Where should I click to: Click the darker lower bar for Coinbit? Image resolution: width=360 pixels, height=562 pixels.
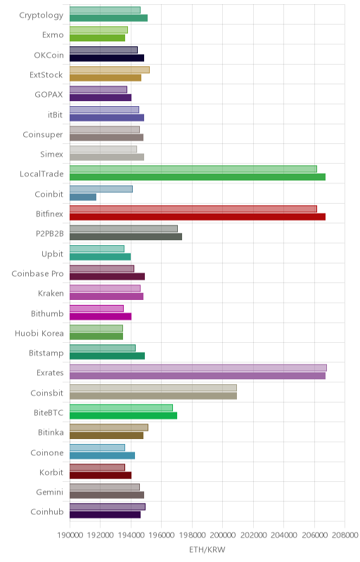pos(83,197)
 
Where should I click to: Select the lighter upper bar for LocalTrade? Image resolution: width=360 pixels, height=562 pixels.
pos(193,169)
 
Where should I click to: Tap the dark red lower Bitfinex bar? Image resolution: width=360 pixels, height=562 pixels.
pos(198,217)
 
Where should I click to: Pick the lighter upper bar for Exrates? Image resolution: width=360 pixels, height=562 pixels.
pos(198,367)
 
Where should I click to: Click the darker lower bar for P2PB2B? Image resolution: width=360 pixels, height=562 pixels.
pos(126,237)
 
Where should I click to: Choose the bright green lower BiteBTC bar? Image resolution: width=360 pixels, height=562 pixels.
pos(123,415)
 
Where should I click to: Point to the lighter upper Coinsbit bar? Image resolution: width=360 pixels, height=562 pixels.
pos(153,388)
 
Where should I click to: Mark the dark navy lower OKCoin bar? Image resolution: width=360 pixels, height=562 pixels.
pos(107,58)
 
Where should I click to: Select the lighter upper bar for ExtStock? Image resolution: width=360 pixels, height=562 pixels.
pos(110,70)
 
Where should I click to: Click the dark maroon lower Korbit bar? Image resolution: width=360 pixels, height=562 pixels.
pos(101,476)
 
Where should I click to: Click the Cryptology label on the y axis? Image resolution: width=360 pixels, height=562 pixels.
pos(41,15)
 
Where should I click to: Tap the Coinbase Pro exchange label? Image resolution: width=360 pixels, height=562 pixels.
pos(38,274)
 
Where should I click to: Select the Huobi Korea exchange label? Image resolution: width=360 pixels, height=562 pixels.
pos(39,333)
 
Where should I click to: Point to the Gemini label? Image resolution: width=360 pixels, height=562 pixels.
pos(49,492)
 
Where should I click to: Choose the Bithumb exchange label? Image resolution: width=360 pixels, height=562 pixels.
pos(47,313)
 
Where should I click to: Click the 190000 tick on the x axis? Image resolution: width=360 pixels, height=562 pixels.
pos(70,535)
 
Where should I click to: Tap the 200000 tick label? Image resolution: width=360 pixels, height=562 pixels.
pos(223,535)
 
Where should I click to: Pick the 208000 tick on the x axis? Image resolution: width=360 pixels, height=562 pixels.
pos(345,535)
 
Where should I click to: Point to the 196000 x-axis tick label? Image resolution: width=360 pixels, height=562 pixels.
pos(161,535)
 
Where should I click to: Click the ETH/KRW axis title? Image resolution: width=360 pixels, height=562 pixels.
pos(207,550)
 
